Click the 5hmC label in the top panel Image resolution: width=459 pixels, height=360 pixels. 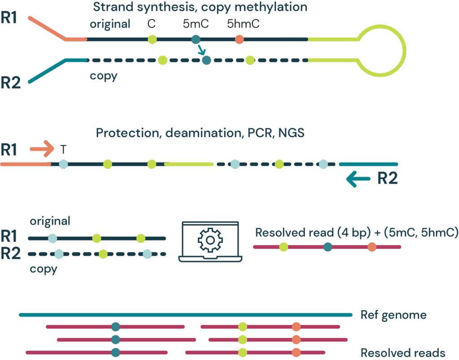pos(243,24)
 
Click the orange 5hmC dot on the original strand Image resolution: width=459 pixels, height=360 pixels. pos(239,39)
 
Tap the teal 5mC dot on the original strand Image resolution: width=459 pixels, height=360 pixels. pos(195,39)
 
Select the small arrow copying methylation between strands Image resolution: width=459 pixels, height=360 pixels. pos(200,51)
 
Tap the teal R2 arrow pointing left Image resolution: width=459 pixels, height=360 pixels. pos(358,180)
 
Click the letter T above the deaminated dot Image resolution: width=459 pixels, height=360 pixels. pos(63,149)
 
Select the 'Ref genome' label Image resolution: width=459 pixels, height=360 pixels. pos(393,315)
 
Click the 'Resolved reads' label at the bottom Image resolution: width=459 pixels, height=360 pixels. pos(403,352)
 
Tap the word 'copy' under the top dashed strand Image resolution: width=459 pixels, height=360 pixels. pos(103,76)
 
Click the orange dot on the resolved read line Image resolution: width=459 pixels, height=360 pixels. pos(372,247)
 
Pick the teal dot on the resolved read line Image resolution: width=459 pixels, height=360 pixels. pos(328,247)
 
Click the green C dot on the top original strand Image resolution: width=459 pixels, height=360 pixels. pos(152,39)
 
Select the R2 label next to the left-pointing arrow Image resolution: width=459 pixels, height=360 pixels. pos(387,178)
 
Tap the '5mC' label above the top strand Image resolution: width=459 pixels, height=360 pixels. pos(196,24)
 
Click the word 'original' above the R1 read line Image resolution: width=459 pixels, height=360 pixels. pos(50,221)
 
